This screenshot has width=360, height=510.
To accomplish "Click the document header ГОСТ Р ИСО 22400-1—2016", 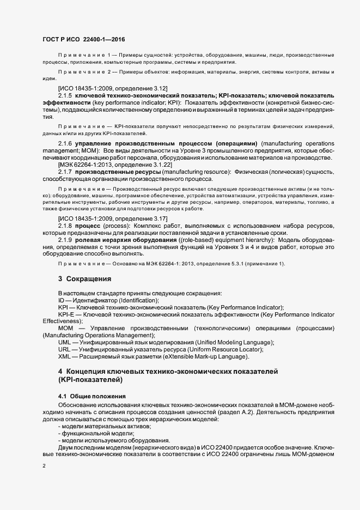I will point(83,40).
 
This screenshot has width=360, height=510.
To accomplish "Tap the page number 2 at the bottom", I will point(44,466).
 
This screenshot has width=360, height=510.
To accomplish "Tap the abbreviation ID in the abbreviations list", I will point(61,300).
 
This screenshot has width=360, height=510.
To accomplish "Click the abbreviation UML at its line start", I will point(65,342).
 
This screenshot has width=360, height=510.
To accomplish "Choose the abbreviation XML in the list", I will point(64,356).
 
